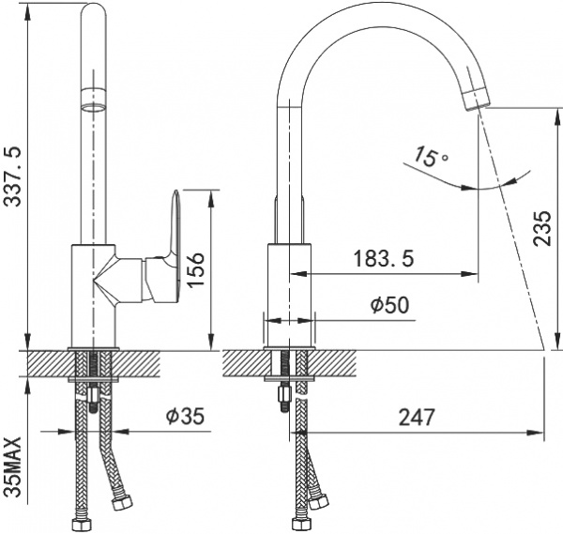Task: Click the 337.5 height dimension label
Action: point(12,177)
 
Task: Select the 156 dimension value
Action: point(196,269)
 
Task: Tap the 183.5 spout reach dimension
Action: point(384,258)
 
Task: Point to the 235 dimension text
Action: point(541,228)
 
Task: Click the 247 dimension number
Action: point(417,417)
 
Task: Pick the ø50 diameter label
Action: point(390,305)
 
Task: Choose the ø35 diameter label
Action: point(185,416)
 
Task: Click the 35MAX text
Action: point(13,467)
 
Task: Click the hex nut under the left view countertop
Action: point(93,395)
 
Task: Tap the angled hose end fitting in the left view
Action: point(122,502)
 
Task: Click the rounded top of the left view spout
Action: point(93,10)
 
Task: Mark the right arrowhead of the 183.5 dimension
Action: point(470,274)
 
